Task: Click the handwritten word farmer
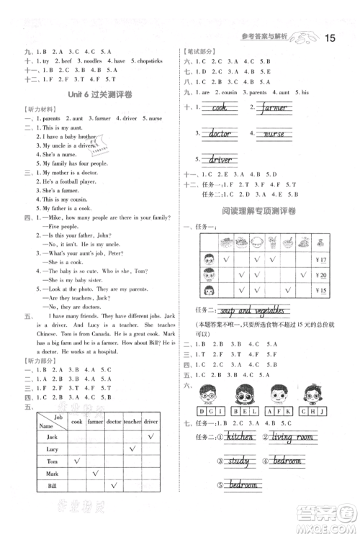[x=272, y=108]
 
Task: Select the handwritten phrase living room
[x=292, y=437]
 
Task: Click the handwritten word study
[x=238, y=461]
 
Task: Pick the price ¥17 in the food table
[x=321, y=260]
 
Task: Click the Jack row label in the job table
[x=51, y=437]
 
